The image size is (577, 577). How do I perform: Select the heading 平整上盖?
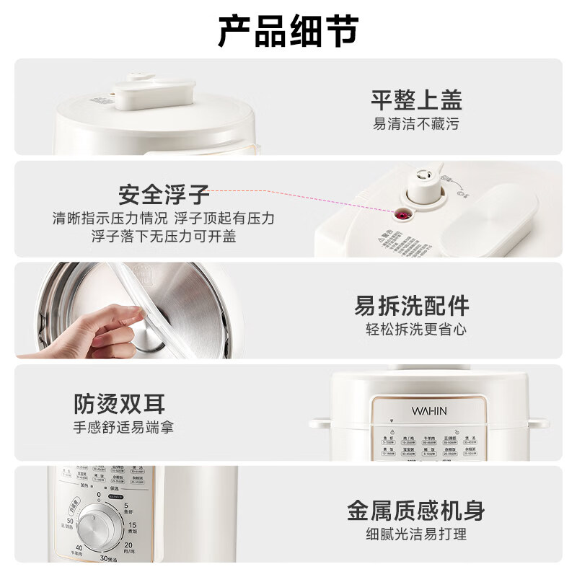(416, 100)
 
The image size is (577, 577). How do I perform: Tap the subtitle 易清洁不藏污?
(416, 124)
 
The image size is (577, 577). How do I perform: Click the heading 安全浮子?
(164, 195)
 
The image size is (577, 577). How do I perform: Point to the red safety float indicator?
(397, 213)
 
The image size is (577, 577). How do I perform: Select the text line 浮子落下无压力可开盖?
(164, 236)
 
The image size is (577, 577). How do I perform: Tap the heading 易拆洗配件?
(411, 306)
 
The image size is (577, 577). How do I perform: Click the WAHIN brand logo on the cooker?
(429, 410)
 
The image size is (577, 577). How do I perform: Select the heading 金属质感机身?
(416, 511)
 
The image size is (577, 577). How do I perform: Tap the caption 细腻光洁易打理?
(416, 534)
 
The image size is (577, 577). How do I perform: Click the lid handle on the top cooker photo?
(154, 93)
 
